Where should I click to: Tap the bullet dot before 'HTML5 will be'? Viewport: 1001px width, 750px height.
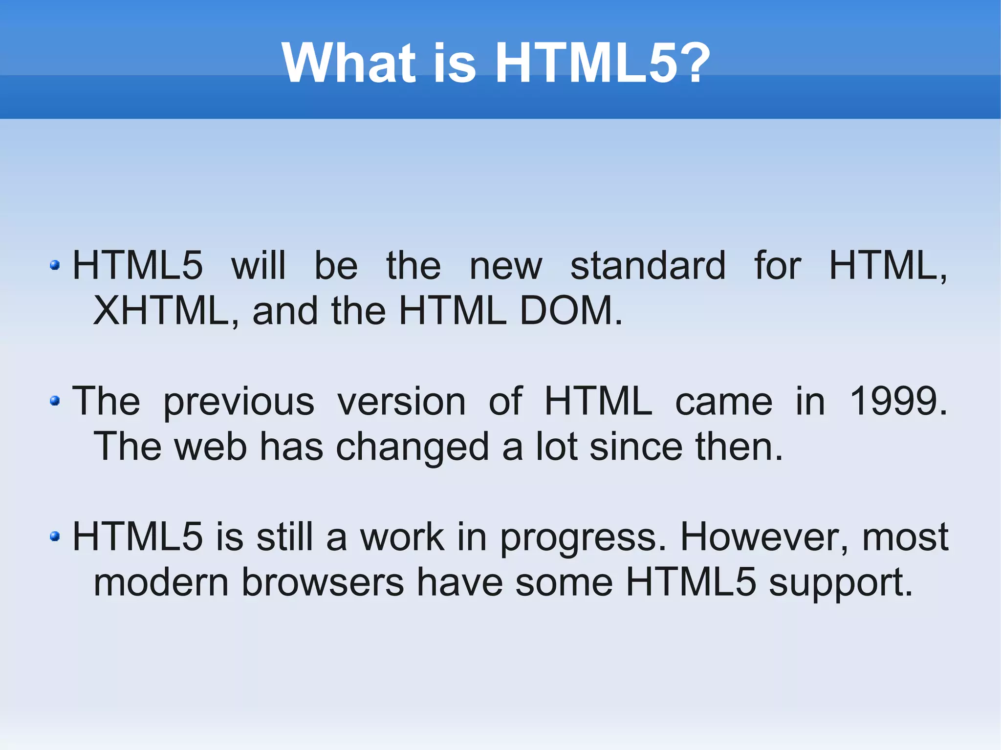[55, 265]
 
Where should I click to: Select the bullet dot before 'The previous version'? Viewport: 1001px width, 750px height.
[55, 401]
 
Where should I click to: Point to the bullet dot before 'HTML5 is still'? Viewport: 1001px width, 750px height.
[55, 536]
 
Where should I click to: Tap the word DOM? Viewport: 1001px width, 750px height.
[570, 311]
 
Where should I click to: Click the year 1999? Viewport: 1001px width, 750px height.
[897, 401]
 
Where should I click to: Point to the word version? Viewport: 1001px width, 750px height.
[401, 401]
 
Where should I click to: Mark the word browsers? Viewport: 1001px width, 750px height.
[323, 582]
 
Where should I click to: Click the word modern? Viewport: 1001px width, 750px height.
[161, 582]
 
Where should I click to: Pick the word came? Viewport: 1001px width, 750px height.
[723, 401]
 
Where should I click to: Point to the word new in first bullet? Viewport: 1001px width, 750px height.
[505, 266]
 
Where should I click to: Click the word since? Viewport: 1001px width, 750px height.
[636, 447]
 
